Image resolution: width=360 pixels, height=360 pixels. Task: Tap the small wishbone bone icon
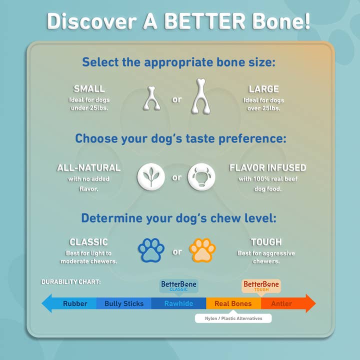pos(151,98)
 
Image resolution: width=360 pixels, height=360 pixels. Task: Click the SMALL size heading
pos(89,89)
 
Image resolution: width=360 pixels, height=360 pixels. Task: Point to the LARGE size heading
pos(263,89)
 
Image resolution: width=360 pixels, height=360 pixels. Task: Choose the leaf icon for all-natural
pos(151,177)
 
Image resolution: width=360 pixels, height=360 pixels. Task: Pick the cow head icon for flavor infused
pos(201,177)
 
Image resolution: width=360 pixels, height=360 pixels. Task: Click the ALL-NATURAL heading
pos(88,168)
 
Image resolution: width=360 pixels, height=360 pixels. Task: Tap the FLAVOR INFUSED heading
pos(267,168)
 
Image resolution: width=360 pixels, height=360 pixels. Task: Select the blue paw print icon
pos(151,250)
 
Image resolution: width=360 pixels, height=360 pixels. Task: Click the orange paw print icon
pos(202,250)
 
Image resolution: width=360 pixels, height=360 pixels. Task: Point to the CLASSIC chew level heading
pos(88,242)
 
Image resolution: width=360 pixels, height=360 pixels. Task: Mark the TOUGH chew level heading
pos(266,242)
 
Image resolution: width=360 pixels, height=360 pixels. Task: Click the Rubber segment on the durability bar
pos(75,303)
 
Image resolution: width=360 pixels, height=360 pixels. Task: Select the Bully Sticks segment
pos(123,303)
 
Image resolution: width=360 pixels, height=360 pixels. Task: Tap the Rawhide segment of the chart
pos(179,303)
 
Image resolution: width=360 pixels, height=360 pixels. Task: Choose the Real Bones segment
pos(233,303)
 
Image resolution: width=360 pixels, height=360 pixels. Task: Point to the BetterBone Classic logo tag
pos(179,285)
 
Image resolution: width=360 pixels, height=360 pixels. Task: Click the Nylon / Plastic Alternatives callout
pos(233,318)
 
